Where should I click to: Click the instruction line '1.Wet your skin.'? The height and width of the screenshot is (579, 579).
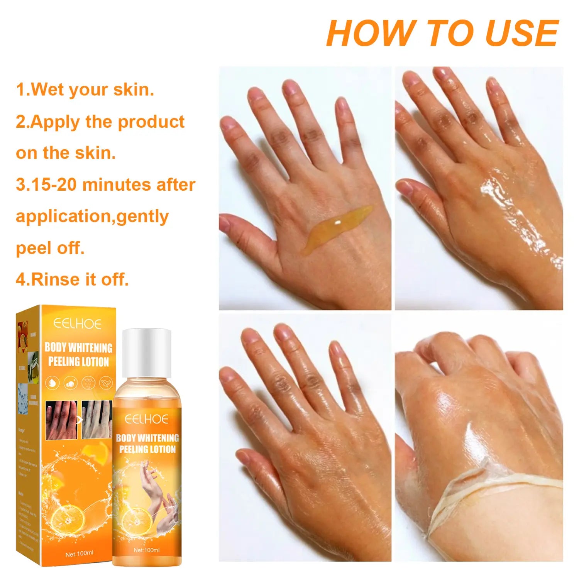[x=85, y=90]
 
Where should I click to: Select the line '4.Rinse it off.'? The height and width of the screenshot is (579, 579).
[x=72, y=279]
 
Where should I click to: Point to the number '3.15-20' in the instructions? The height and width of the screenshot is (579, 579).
[x=46, y=185]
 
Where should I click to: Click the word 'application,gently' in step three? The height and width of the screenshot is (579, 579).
[x=92, y=216]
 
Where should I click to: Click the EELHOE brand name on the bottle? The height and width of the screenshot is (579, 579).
[x=147, y=419]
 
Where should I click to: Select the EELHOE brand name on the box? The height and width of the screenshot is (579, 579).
[x=77, y=323]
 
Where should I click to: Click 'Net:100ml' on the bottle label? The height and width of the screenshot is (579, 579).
[x=146, y=550]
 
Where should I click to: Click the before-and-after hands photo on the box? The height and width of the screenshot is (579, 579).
[x=79, y=420]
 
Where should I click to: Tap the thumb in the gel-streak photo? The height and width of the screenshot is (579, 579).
[x=247, y=232]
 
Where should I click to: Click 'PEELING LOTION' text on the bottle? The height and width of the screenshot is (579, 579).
[x=147, y=449]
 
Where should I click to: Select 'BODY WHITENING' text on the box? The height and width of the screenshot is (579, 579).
[x=78, y=347]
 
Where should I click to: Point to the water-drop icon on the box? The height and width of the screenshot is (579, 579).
[x=52, y=383]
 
